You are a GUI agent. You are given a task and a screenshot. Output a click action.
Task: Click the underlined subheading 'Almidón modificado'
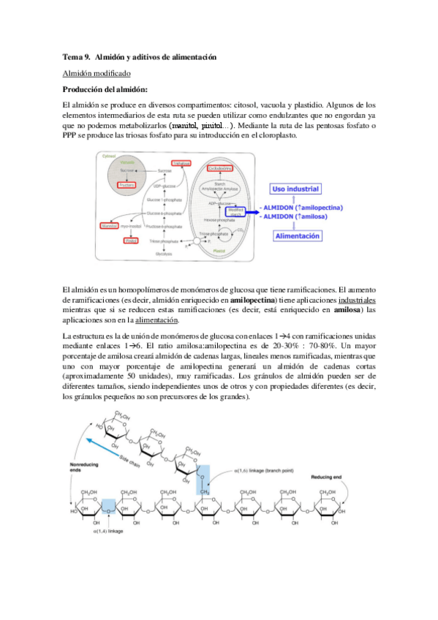pos(97,74)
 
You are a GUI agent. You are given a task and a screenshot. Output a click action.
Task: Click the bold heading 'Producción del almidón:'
pos(105,89)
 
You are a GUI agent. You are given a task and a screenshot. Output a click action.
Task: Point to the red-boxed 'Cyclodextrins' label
pos(219,168)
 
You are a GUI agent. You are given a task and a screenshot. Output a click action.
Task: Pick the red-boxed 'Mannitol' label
pos(110,227)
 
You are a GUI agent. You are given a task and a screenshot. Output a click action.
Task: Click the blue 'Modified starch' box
pos(235,211)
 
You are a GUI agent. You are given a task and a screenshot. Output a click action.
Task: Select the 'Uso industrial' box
pos(296,189)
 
